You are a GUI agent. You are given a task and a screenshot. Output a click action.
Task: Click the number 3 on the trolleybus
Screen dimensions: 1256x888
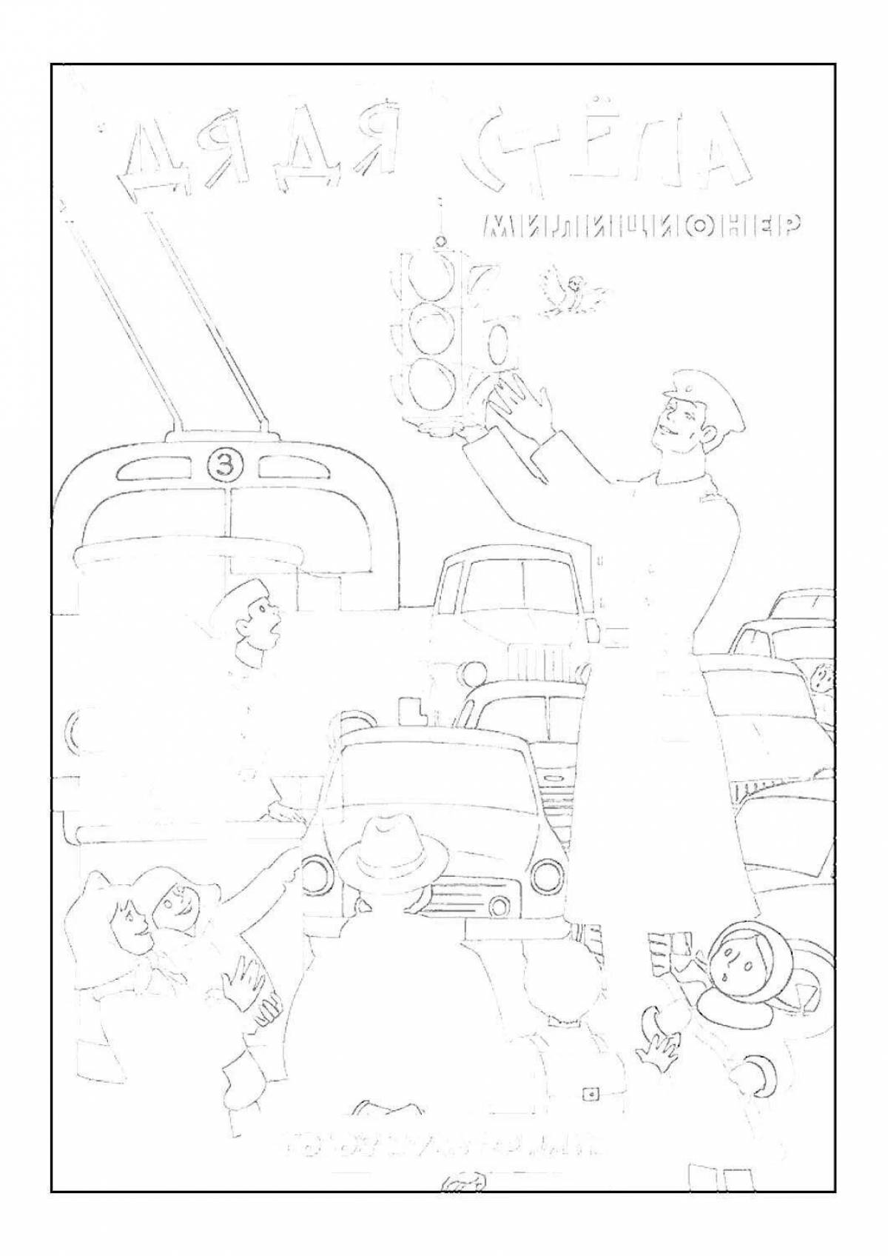pos(221,466)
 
